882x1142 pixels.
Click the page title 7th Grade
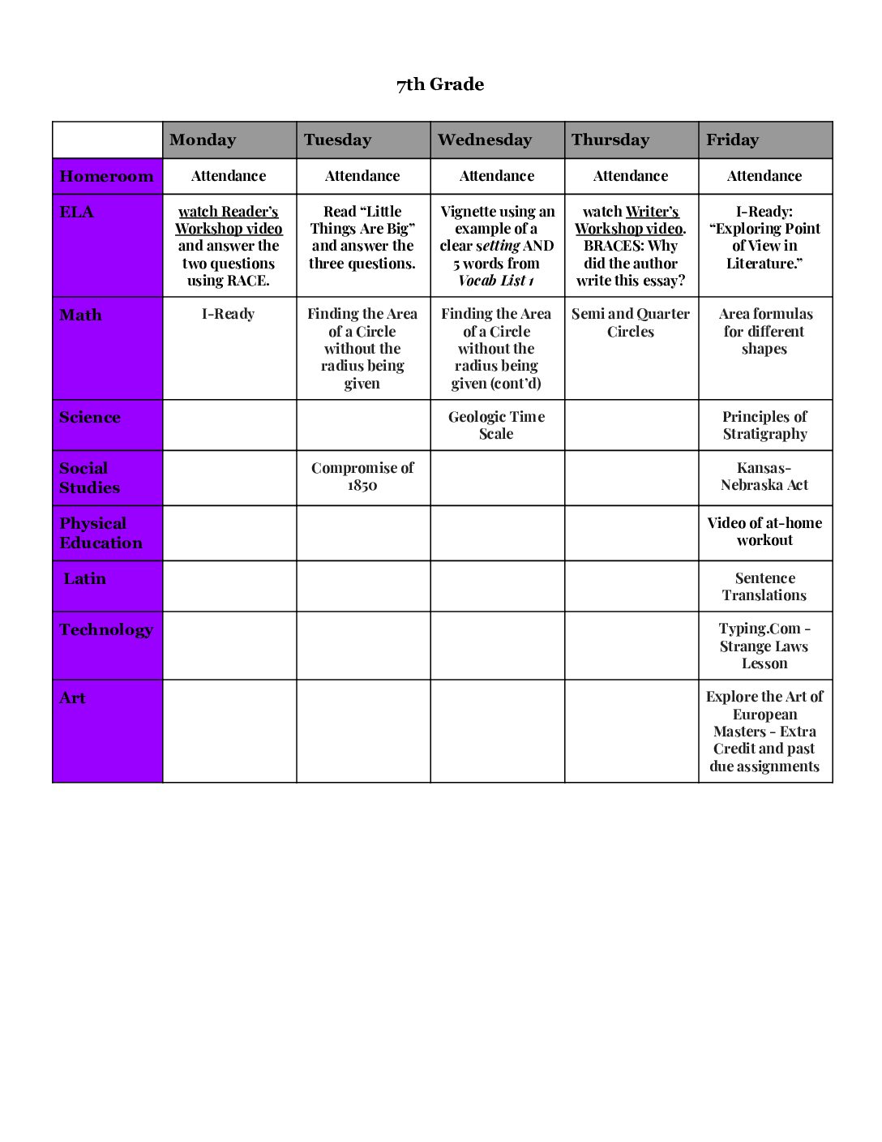[440, 84]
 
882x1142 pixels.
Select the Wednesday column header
[485, 140]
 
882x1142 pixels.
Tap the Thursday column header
[610, 140]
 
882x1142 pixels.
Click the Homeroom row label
[106, 176]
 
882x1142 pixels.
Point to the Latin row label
[85, 578]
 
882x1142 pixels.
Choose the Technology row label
[106, 629]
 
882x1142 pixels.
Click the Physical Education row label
[101, 533]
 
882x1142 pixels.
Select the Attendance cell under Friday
[764, 176]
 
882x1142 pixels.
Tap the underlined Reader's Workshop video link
[229, 220]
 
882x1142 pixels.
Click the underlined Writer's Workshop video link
[630, 220]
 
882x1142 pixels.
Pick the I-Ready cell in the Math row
[229, 314]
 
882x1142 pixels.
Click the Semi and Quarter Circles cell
[631, 323]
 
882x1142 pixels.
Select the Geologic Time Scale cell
[496, 425]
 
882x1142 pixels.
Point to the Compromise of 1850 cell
[362, 476]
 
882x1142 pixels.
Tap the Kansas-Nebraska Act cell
[764, 476]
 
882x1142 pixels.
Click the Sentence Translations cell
[764, 586]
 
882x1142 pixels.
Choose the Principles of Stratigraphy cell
[764, 425]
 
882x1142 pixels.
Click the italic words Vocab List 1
[496, 281]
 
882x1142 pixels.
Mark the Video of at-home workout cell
[764, 531]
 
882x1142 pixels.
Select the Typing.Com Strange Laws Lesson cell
[764, 646]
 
